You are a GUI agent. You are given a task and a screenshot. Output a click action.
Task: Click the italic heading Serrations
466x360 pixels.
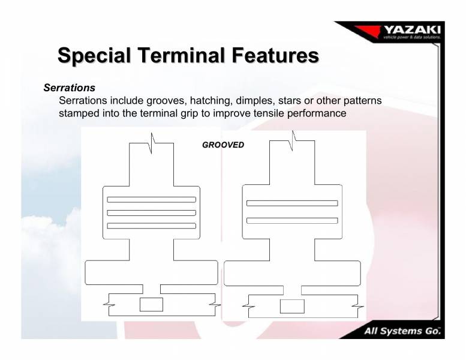pos(69,88)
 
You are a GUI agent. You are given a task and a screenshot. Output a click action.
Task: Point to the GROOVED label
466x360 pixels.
pos(223,145)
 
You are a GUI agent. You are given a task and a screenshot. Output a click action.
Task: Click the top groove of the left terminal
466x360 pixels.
pos(151,199)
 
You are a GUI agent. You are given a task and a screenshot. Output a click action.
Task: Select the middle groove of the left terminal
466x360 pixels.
pos(151,212)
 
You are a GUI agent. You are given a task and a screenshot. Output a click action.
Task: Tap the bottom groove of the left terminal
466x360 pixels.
pos(151,226)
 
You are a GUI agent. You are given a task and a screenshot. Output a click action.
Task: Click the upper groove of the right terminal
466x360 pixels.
pos(292,203)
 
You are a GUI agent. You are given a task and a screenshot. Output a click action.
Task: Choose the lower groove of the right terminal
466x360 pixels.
pos(292,220)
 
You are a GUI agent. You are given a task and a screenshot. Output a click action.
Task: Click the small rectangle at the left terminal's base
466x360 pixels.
pos(151,304)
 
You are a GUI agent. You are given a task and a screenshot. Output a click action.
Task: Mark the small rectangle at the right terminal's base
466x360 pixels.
pos(292,306)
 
